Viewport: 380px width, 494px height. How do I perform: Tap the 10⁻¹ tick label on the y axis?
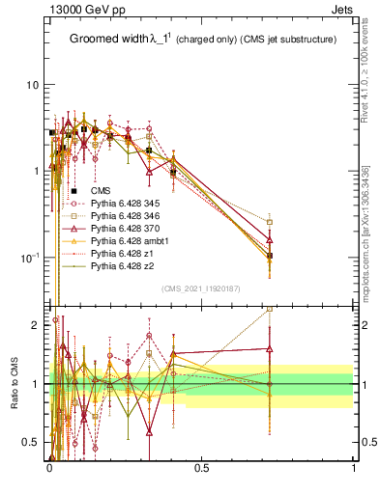pyautogui.click(x=30, y=258)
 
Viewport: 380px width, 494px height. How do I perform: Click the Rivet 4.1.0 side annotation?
pyautogui.click(x=371, y=68)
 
